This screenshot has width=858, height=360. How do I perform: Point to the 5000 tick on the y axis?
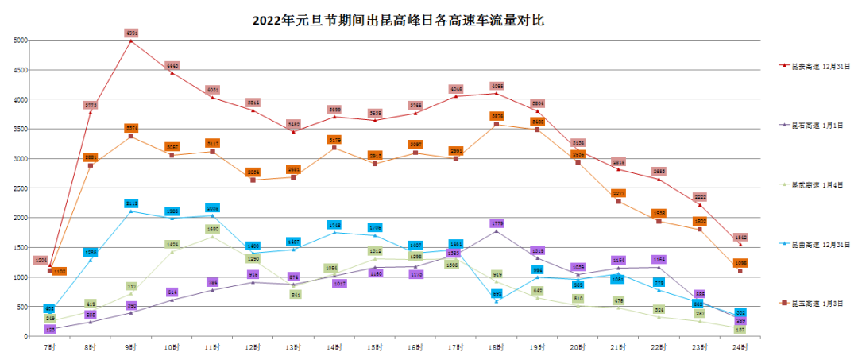(21, 40)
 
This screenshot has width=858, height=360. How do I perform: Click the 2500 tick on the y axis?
(21, 188)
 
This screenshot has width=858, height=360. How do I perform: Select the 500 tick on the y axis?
(23, 307)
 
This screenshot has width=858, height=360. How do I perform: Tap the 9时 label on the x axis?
(131, 347)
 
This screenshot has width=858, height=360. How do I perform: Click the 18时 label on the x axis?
(497, 347)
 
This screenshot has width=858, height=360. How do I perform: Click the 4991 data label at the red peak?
(132, 33)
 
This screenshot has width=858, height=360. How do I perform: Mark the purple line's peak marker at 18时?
(497, 230)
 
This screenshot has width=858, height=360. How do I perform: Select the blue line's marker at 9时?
(131, 211)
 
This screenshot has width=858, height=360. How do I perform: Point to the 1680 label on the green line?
(212, 229)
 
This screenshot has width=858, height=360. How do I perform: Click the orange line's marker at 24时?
(740, 271)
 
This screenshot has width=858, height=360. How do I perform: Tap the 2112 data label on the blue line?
(132, 203)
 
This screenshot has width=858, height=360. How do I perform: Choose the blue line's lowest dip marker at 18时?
(497, 301)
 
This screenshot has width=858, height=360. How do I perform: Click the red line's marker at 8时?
(91, 112)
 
